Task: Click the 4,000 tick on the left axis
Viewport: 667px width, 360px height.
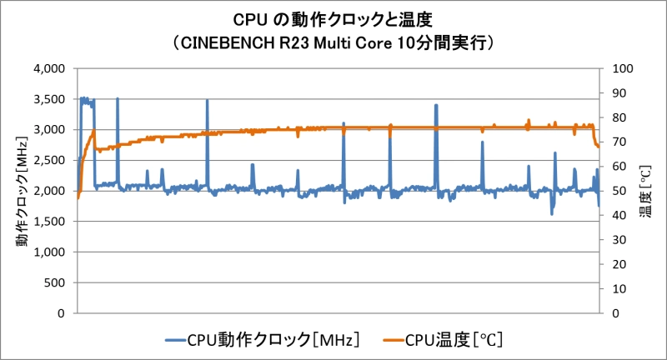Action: pyautogui.click(x=51, y=68)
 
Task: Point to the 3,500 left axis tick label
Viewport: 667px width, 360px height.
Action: pyautogui.click(x=51, y=99)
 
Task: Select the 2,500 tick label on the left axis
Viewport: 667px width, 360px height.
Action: pyautogui.click(x=51, y=160)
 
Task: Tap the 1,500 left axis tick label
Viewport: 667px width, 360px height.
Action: pyautogui.click(x=51, y=222)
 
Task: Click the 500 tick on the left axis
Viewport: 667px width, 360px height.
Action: pyautogui.click(x=58, y=282)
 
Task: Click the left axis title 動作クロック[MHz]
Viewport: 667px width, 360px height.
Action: pyautogui.click(x=20, y=191)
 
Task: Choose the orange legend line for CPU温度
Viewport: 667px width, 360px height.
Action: pyautogui.click(x=394, y=339)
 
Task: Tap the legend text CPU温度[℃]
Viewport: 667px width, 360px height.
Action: pyautogui.click(x=454, y=339)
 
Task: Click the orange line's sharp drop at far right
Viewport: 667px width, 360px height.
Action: pyautogui.click(x=595, y=138)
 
